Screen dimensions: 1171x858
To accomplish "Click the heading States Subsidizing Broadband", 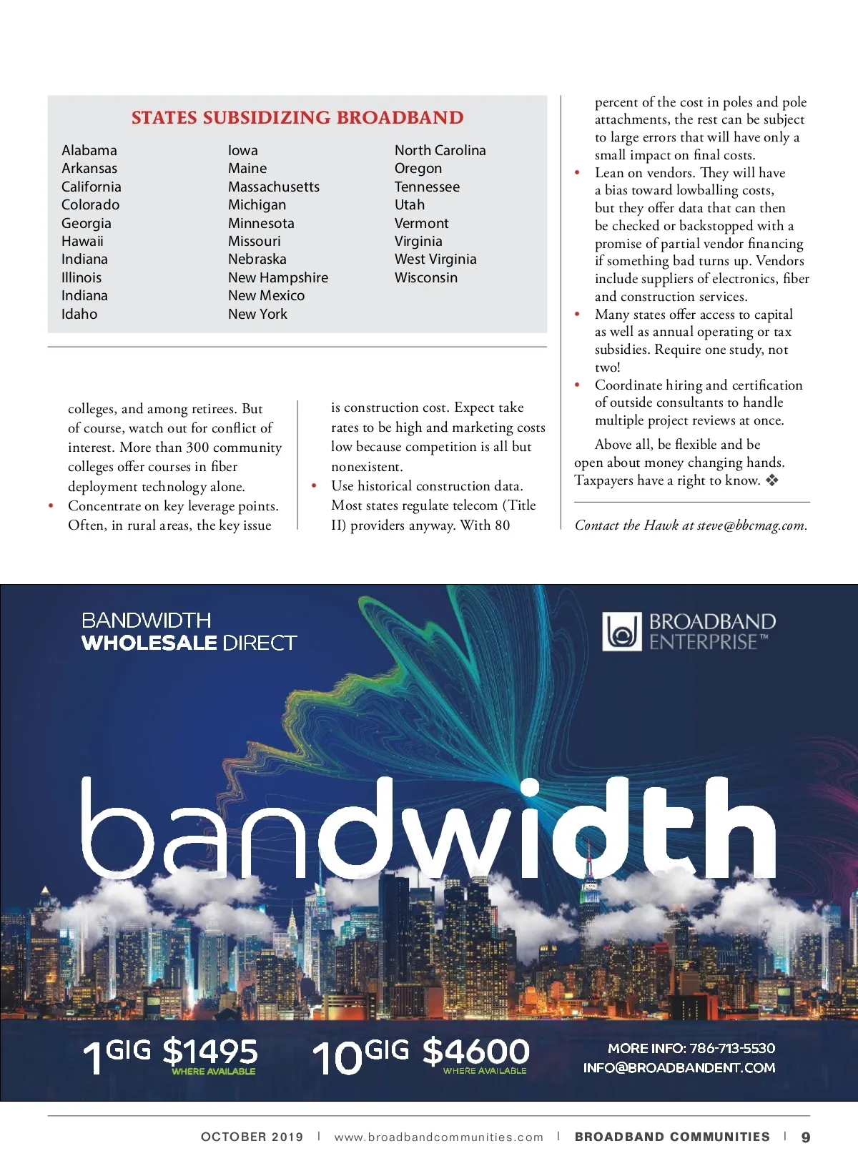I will [x=297, y=118].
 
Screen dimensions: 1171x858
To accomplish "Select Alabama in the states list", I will [x=89, y=150].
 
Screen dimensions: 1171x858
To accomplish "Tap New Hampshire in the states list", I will [x=278, y=277].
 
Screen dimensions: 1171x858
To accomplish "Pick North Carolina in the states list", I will [x=440, y=150].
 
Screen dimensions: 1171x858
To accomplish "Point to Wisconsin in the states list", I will [x=426, y=277].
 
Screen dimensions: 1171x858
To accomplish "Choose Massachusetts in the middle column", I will [x=274, y=187].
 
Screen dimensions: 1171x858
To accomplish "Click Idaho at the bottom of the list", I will [x=79, y=314].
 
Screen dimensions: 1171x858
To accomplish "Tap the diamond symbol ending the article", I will [x=771, y=480].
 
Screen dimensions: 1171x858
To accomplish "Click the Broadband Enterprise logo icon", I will [x=621, y=631].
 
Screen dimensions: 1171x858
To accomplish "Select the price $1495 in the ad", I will [x=210, y=1051].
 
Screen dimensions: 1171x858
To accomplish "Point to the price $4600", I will [x=476, y=1052].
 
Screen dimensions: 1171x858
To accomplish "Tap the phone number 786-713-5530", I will [x=732, y=1048].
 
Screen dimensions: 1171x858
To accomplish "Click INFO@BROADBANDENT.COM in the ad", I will [x=679, y=1067].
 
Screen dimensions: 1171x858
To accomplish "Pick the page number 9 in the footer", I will [x=806, y=1137].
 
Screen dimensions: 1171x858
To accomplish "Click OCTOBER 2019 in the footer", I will [x=252, y=1137].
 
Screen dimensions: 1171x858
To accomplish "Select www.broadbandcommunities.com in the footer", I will [x=439, y=1137].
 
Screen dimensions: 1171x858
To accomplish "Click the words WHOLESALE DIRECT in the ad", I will [x=189, y=643].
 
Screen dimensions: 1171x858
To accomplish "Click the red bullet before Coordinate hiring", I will [x=578, y=385].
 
